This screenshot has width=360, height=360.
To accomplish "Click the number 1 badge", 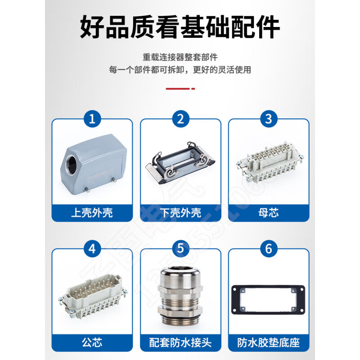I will [92, 119].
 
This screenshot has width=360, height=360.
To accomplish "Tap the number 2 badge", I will [180, 119].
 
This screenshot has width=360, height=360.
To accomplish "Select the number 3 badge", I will [269, 119].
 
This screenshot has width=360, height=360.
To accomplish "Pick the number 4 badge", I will [92, 249].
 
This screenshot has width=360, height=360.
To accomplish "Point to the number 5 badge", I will [180, 249].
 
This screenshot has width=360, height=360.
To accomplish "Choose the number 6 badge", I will [269, 249].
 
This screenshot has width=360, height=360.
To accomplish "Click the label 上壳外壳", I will [92, 212].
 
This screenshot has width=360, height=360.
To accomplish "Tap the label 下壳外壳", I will [180, 212].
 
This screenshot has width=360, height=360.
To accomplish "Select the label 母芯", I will [269, 212].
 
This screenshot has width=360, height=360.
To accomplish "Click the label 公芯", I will [92, 343].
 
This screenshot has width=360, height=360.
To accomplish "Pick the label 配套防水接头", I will [180, 343].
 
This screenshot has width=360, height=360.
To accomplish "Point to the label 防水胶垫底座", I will [269, 343].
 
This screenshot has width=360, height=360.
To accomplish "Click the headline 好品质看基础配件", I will [180, 28].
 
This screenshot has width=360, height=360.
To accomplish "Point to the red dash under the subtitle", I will [180, 89].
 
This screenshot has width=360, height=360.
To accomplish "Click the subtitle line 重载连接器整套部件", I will [180, 58].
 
